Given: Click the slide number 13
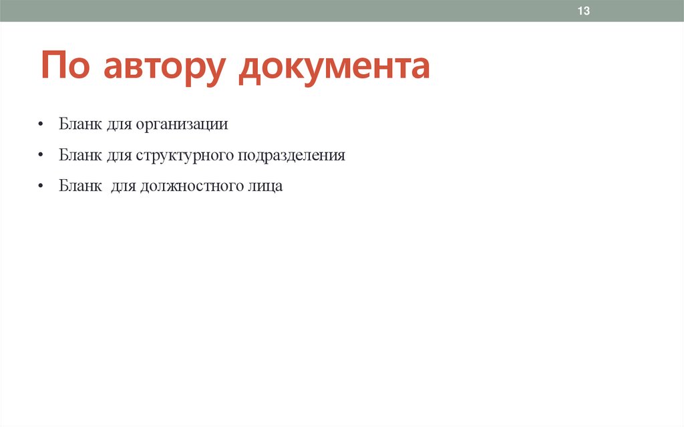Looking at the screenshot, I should [584, 11].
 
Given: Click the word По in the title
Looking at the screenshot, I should [66, 67].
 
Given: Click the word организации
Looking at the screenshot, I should [182, 124].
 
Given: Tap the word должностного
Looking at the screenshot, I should [190, 186].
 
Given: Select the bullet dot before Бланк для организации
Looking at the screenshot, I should [41, 125].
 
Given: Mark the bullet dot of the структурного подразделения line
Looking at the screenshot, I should [41, 156].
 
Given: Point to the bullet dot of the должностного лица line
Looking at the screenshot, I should [41, 187].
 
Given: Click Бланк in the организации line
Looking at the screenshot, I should [78, 124].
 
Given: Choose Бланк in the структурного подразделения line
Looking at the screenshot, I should [78, 155].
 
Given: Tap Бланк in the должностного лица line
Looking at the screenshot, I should [78, 186].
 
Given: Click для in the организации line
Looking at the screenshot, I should [118, 125].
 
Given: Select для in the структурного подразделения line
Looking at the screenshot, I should [118, 156].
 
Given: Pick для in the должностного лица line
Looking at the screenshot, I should [122, 187].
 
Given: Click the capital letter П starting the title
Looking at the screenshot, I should [53, 67].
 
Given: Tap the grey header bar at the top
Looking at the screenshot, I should [334, 11].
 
